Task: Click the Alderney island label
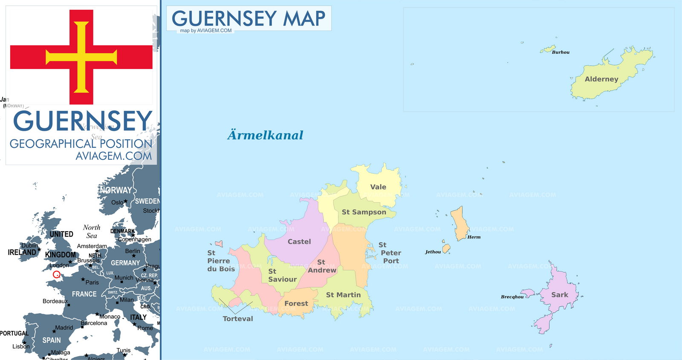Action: tap(601, 79)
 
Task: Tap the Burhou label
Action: tap(561, 52)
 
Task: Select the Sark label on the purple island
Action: tap(559, 295)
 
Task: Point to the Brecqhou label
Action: tap(512, 297)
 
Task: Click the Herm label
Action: tap(474, 237)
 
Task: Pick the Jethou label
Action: tap(433, 252)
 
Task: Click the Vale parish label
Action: tap(378, 187)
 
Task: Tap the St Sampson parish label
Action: tap(364, 212)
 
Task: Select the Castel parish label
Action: tap(299, 242)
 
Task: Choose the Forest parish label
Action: tap(296, 304)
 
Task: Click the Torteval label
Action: tap(237, 319)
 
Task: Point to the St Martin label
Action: tap(343, 295)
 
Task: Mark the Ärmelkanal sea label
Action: tap(265, 135)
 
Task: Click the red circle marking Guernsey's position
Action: tap(57, 274)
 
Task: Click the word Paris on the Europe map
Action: tap(92, 282)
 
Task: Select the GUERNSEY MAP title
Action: tap(249, 18)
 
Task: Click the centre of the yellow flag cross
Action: tap(81, 57)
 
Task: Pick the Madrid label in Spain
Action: tap(64, 328)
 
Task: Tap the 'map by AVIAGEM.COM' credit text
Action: tap(206, 31)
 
